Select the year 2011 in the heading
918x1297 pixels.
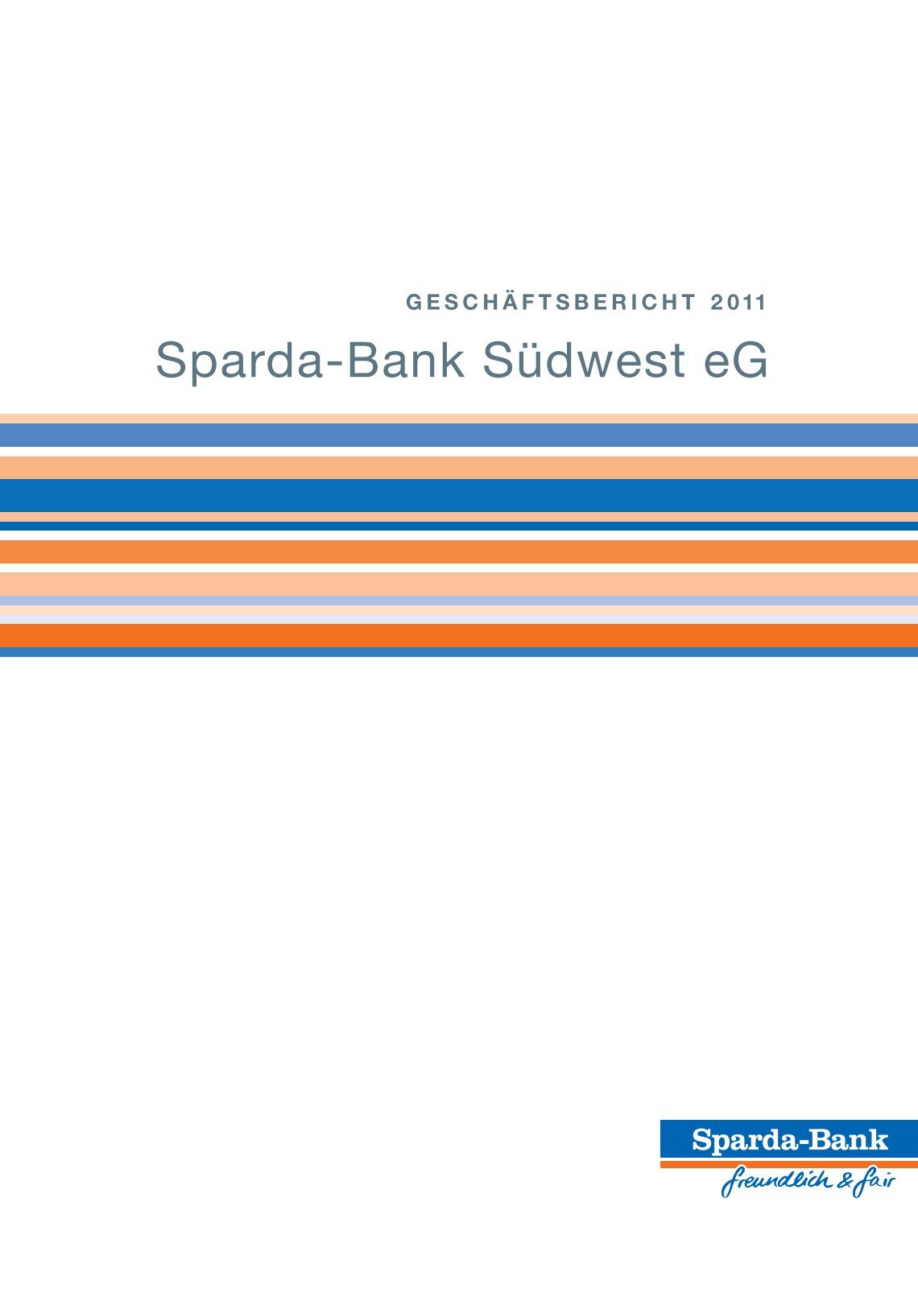[x=738, y=302]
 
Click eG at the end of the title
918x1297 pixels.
[x=735, y=361]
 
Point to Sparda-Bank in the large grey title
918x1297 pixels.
[x=310, y=361]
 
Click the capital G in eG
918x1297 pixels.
[x=751, y=361]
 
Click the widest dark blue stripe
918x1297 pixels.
[x=459, y=495]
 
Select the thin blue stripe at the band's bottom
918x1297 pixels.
[x=459, y=652]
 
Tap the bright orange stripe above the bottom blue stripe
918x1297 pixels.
[x=459, y=635]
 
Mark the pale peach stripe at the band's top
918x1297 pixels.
[x=459, y=419]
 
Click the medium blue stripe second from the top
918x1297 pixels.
[x=459, y=435]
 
